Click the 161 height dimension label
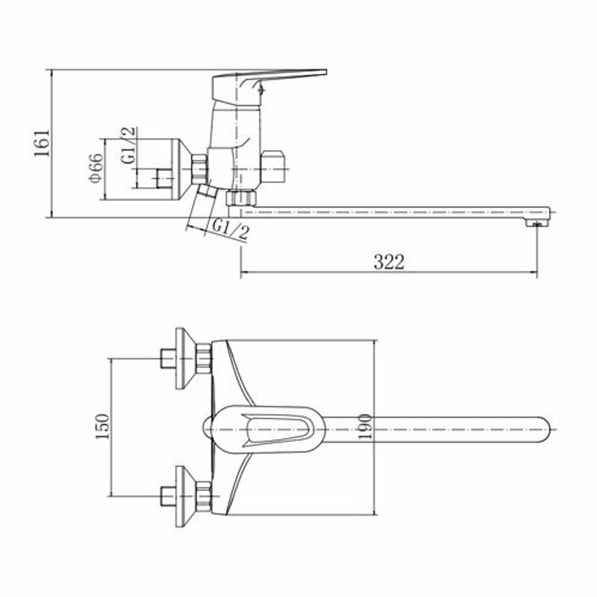click(x=42, y=143)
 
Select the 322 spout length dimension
click(x=389, y=262)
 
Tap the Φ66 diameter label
click(x=96, y=168)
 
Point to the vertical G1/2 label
click(x=128, y=145)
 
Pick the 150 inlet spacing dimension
click(x=102, y=426)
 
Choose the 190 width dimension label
click(x=365, y=426)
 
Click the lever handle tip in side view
click(x=325, y=72)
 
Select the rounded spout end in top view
click(x=545, y=430)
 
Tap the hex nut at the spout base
click(x=241, y=199)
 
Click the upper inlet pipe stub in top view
click(x=168, y=359)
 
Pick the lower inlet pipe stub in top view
click(x=168, y=496)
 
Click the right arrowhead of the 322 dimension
click(x=533, y=272)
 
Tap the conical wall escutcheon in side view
click(x=183, y=169)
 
